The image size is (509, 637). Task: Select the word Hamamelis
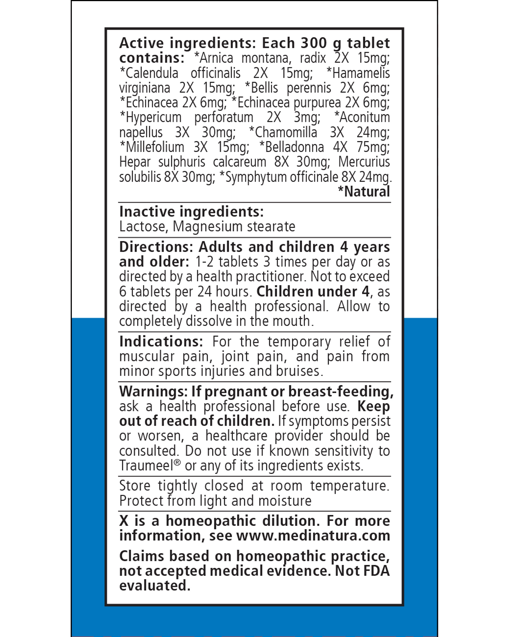click(361, 73)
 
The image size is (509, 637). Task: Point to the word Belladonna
click(294, 147)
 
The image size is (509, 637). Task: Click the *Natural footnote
click(364, 191)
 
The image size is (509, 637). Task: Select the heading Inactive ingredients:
click(191, 212)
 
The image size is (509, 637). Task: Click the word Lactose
click(144, 227)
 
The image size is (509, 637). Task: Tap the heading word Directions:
click(156, 247)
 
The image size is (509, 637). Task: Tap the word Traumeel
click(146, 466)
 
